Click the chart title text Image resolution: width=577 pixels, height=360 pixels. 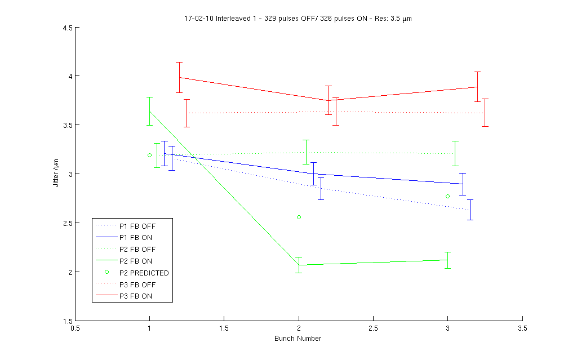pos(299,19)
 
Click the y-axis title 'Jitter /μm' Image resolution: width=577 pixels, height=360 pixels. pos(56,174)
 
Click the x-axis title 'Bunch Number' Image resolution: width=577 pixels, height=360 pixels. pos(299,339)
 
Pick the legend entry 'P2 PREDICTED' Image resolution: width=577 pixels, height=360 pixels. pos(144,273)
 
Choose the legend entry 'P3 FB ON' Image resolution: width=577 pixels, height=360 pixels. pos(135,296)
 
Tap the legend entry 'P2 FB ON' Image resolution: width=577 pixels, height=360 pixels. pos(135,261)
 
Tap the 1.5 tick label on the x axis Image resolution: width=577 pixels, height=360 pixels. pos(224,327)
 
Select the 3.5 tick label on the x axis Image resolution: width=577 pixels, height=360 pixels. pos(522,327)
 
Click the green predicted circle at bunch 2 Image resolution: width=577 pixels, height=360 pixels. pos(299,217)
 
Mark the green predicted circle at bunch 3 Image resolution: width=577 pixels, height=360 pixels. pos(447,196)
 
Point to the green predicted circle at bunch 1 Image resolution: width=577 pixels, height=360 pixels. pos(149,155)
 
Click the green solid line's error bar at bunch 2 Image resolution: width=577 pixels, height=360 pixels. pos(299,265)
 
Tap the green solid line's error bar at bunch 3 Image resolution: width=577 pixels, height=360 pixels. pos(447,260)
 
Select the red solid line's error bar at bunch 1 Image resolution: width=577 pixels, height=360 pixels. pos(179,77)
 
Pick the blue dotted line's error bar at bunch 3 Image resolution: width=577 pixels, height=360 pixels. pos(470,210)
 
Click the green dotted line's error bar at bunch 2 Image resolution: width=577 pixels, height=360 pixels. pos(306,152)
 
